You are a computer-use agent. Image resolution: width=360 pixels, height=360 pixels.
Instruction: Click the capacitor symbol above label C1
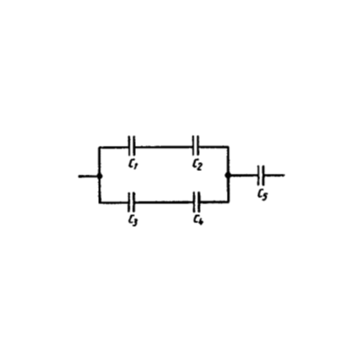pos(131,147)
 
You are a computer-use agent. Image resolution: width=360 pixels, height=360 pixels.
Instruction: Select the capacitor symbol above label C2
pos(195,147)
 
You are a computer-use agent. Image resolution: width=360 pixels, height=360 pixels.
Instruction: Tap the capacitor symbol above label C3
pos(131,202)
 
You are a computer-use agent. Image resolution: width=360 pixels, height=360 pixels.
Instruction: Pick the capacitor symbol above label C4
pos(197,202)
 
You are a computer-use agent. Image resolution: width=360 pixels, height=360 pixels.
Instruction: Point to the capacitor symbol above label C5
pos(261,175)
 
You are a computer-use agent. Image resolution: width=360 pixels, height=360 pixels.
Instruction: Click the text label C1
pos(132,165)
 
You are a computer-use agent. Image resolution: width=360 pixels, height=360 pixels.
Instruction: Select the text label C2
pos(197,165)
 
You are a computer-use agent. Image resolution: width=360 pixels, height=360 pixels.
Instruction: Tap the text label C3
pos(132,220)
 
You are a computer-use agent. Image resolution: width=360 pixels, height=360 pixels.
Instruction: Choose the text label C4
pos(198,220)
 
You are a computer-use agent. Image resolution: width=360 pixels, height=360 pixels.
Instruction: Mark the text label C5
pos(262,195)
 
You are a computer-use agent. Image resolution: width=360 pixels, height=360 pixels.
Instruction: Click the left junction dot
pos(100,176)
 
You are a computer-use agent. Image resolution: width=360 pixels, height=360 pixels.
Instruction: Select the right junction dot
pos(229,175)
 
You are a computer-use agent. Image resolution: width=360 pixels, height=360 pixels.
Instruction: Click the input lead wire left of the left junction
pos(88,176)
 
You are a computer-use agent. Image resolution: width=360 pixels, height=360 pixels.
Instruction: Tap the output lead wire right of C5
pos(274,175)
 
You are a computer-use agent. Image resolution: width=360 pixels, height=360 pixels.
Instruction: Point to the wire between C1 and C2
pos(164,147)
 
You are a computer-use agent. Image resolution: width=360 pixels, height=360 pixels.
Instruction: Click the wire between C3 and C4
pos(165,202)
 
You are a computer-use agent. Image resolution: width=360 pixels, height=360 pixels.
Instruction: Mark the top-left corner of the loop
pos(100,148)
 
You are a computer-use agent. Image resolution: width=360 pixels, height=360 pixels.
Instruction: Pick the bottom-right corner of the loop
pos(229,202)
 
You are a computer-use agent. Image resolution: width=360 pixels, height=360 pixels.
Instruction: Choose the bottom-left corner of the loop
pos(100,202)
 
